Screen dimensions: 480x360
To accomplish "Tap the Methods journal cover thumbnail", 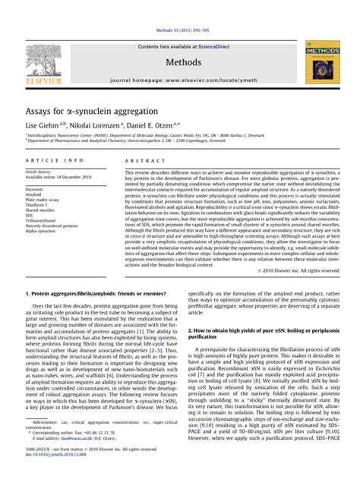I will click(x=319, y=62).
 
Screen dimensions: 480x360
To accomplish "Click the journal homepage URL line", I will click(x=180, y=80).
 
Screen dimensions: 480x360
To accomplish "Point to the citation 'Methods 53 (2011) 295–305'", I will click(x=180, y=30).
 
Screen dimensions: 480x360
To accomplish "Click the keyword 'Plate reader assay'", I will click(x=43, y=200).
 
